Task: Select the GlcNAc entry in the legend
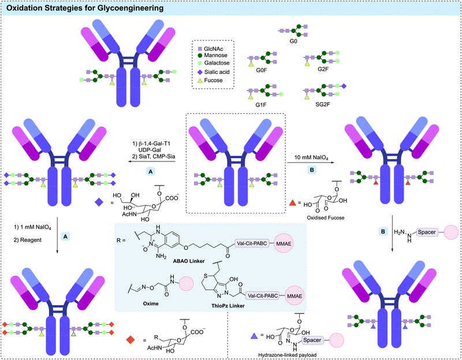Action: click(213, 48)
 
